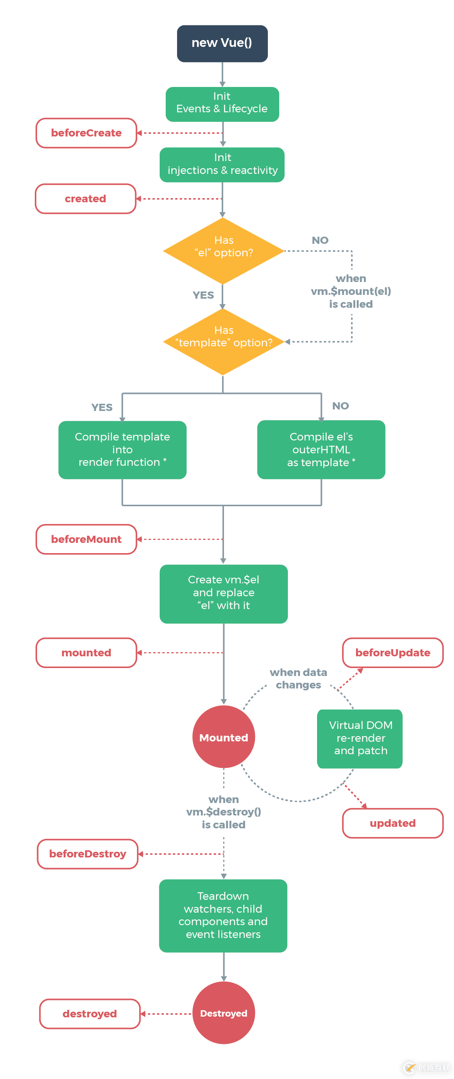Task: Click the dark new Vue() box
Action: click(222, 43)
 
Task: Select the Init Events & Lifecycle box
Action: click(222, 104)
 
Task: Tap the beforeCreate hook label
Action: click(86, 133)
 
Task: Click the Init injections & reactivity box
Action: click(222, 164)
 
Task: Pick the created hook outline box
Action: click(86, 199)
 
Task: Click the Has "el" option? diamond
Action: click(224, 251)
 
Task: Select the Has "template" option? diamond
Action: click(224, 341)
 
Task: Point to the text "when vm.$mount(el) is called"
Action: click(351, 291)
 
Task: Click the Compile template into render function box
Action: click(123, 450)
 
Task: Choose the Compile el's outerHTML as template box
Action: click(321, 450)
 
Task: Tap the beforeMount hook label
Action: click(86, 539)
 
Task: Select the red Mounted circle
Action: click(224, 737)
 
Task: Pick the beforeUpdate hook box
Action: click(393, 653)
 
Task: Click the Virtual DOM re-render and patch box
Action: click(360, 738)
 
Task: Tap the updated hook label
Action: click(393, 823)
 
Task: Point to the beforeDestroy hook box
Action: click(88, 854)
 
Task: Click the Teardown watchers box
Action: click(223, 916)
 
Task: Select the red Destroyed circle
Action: click(224, 1013)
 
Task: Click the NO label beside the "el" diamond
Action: click(320, 240)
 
